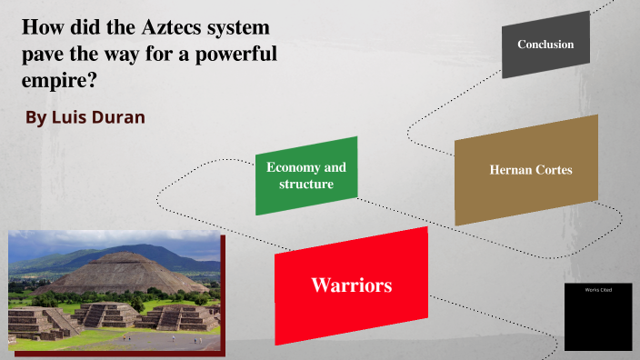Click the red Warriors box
point(351,285)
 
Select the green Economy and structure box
point(306,175)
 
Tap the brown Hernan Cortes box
point(526,170)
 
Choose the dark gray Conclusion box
point(545,45)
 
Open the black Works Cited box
point(597,316)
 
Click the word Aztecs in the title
point(171,28)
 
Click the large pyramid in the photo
point(118,273)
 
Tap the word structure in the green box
point(306,185)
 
